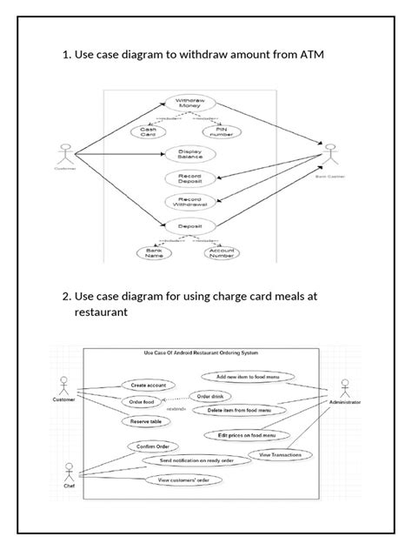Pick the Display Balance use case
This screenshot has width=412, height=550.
189,155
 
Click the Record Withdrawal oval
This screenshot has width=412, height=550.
189,202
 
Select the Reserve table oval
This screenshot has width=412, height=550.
146,421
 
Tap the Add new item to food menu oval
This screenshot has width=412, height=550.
249,377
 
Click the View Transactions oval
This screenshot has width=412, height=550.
280,454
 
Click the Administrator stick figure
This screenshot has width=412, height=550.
345,389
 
